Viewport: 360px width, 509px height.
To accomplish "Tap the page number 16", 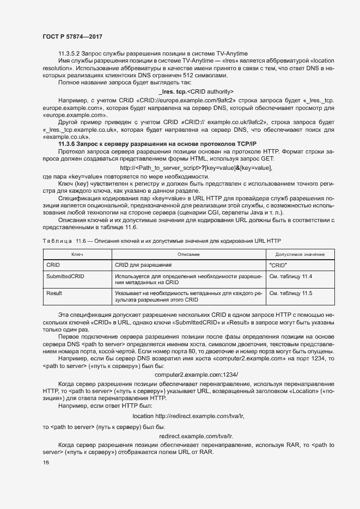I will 46,463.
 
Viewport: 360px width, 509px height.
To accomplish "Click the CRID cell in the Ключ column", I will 53,265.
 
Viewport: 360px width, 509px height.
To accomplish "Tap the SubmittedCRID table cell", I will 65,277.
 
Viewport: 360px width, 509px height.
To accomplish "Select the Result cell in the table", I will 54,294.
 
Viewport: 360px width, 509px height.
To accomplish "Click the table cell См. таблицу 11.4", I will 291,277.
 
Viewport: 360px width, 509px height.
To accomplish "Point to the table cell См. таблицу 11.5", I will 291,294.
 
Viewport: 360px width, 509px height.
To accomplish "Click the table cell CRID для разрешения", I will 143,265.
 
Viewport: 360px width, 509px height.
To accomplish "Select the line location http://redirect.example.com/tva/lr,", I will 188,416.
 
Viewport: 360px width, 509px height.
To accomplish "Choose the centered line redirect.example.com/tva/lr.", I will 196,436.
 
